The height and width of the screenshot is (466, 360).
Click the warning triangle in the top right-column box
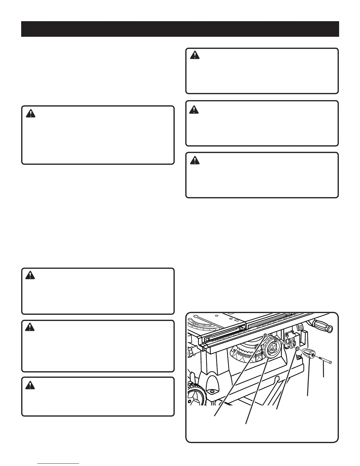point(194,55)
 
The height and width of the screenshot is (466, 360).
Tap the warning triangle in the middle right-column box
point(194,110)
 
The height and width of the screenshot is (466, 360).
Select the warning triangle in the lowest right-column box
point(194,160)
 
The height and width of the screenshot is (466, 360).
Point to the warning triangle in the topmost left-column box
point(30,114)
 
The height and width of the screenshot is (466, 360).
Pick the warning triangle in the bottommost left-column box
point(30,385)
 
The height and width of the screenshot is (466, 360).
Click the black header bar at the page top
point(180,29)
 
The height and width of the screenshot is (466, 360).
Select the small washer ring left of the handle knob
point(297,349)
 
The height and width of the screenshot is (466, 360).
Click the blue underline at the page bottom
point(59,464)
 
